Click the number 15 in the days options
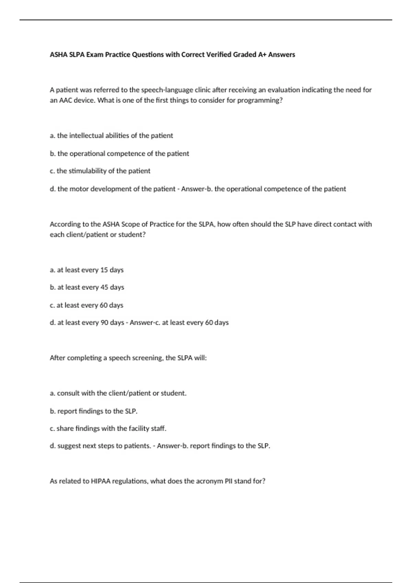click(104, 270)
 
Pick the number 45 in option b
click(104, 287)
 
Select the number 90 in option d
click(104, 323)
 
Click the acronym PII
click(229, 481)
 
